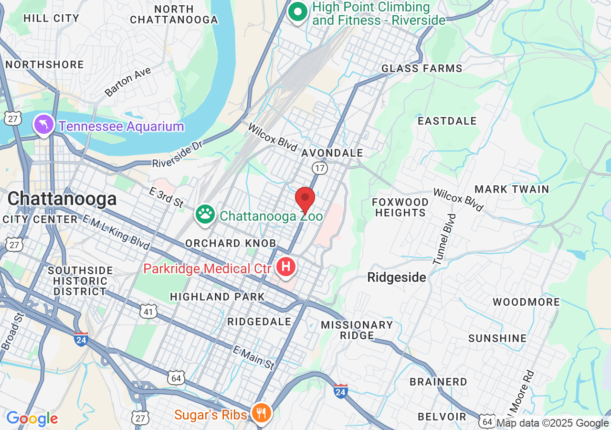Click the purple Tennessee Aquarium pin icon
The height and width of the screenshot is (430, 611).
click(x=43, y=124)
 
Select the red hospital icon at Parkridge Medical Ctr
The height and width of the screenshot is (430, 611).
click(x=286, y=267)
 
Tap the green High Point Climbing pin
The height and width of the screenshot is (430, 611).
click(x=299, y=12)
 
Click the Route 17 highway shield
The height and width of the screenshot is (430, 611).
click(x=319, y=168)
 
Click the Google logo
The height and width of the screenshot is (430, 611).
click(x=32, y=419)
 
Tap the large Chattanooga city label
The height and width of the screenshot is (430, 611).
click(x=62, y=199)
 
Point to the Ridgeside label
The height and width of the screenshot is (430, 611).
click(x=397, y=278)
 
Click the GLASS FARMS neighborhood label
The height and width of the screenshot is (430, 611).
click(x=422, y=69)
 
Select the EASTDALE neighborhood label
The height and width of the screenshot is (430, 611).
click(x=447, y=121)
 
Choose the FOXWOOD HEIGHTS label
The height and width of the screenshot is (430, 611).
click(x=400, y=207)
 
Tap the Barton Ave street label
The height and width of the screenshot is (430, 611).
click(x=128, y=82)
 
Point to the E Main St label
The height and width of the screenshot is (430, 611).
click(x=254, y=358)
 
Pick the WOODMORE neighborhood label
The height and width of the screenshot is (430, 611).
click(x=527, y=302)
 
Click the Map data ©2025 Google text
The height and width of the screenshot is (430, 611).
click(x=553, y=423)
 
